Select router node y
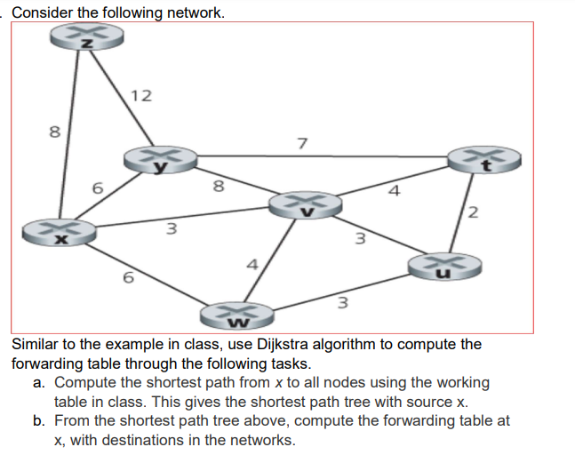tap(160, 159)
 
